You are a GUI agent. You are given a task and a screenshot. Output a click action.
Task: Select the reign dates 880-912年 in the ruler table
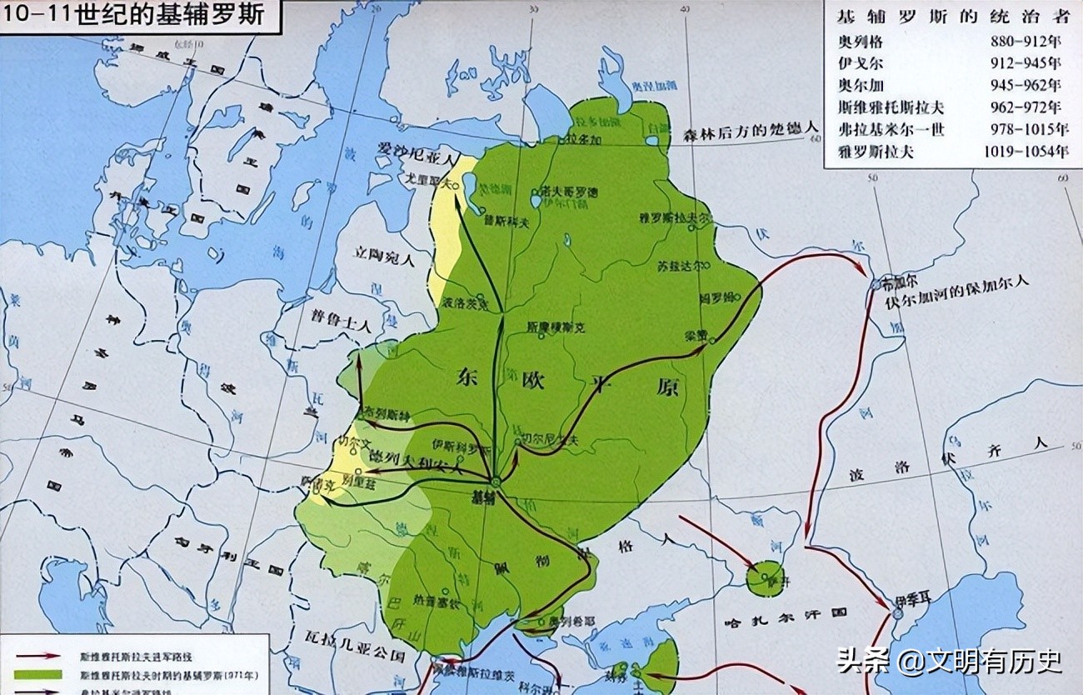1026,40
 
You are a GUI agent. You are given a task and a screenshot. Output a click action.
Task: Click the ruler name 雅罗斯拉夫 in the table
876,152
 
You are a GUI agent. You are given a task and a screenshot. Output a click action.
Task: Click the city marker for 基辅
495,482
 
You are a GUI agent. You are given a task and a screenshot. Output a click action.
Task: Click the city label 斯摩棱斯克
556,327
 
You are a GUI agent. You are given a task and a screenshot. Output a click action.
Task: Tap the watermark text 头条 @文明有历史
949,662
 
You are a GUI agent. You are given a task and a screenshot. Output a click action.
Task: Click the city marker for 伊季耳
898,613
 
